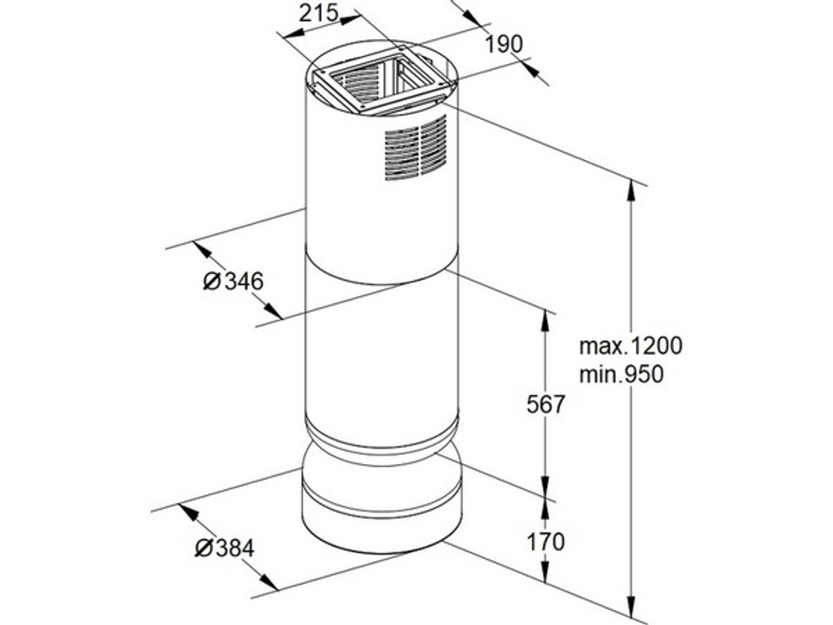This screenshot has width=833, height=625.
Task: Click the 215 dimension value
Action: [318, 13]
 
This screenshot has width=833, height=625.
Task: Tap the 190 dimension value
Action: [504, 44]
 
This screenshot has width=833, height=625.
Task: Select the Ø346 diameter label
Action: [233, 281]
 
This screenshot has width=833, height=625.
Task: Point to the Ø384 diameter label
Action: [224, 548]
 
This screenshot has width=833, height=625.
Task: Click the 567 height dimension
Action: [546, 404]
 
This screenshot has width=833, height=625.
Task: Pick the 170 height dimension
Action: [546, 542]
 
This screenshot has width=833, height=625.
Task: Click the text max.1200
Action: [631, 346]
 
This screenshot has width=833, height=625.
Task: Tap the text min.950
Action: [621, 375]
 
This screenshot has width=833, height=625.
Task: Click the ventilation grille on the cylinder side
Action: [416, 147]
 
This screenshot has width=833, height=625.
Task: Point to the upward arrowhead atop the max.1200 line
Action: [631, 190]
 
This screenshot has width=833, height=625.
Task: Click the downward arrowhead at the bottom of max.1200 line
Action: [631, 607]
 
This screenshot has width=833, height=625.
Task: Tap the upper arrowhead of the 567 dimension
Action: [545, 321]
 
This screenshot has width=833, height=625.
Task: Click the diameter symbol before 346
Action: [212, 282]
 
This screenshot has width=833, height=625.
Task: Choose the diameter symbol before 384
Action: [203, 548]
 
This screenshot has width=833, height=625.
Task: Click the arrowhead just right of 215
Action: [350, 20]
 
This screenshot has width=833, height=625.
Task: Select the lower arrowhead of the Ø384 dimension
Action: [269, 582]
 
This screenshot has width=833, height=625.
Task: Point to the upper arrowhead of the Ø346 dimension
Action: [202, 249]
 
